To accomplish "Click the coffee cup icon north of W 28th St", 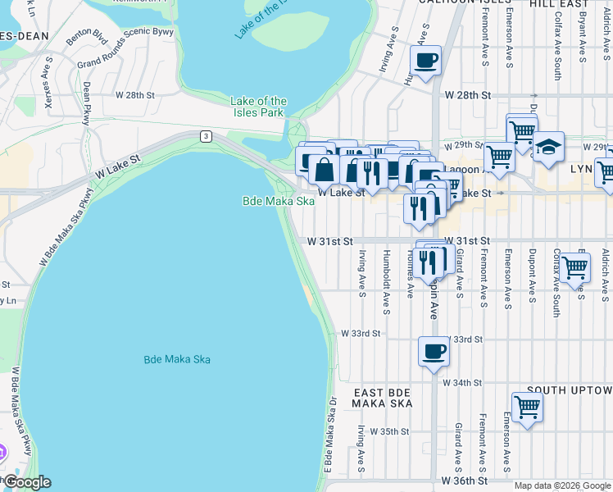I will tap(425, 61).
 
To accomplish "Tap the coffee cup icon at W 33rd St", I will tap(434, 352).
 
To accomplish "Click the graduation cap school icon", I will tap(548, 148).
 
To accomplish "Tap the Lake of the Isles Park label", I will tap(258, 107).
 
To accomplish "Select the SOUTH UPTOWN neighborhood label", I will tap(569, 389).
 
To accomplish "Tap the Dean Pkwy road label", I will tap(86, 103).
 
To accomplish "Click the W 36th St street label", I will tap(464, 480).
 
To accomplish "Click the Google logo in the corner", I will tap(27, 482).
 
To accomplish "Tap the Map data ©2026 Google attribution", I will tap(561, 485).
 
